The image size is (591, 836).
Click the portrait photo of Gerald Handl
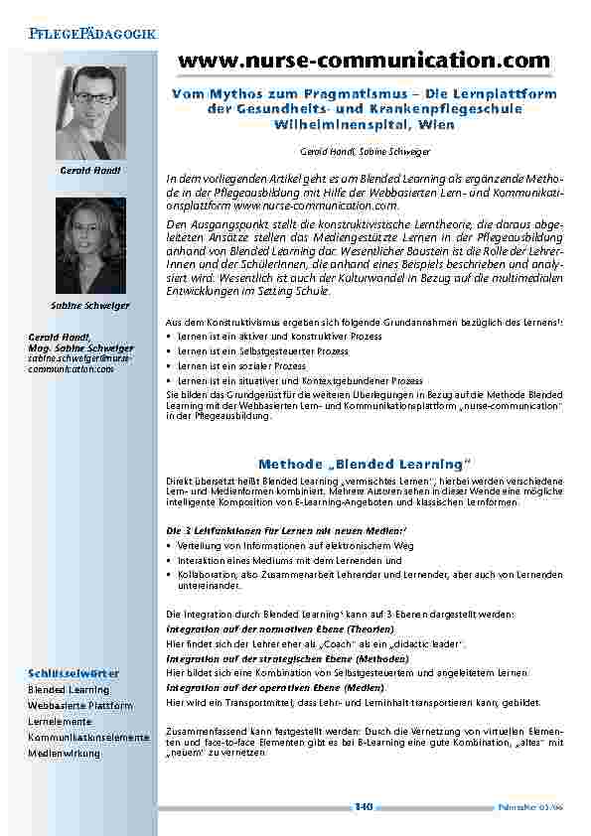pos(90,112)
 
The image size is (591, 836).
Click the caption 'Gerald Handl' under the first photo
pos(90,171)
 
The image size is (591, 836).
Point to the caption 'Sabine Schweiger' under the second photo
pos(90,304)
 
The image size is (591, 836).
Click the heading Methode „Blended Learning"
pos(363,464)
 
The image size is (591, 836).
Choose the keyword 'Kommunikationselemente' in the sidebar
pos(88,737)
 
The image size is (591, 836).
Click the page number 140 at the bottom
pos(364,806)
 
